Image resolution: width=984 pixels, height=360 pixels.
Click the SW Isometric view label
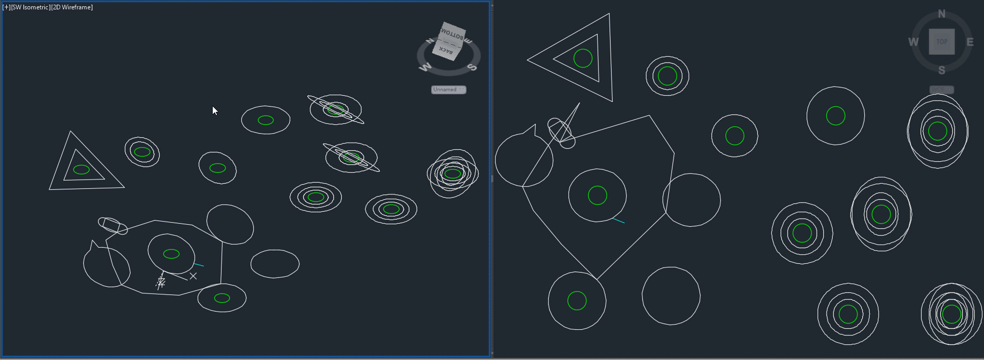(x=30, y=7)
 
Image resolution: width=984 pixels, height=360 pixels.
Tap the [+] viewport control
(x=6, y=7)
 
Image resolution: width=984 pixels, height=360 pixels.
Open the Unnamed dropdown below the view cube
(x=448, y=89)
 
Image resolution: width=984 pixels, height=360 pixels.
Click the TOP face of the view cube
(x=941, y=42)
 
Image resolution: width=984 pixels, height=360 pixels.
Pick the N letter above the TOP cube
(x=941, y=14)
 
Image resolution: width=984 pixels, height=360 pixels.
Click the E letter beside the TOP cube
(x=969, y=42)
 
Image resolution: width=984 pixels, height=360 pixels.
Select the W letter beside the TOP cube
(x=913, y=42)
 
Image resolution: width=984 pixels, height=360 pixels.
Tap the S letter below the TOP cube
(x=941, y=70)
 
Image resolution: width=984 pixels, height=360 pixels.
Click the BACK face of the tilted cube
(x=446, y=50)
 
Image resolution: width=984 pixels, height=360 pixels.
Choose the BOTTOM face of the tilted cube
(x=452, y=34)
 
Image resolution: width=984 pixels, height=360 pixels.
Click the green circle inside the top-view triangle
(x=582, y=58)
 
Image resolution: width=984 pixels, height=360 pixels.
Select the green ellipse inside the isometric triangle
(x=81, y=169)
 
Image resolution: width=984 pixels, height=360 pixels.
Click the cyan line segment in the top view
(x=618, y=221)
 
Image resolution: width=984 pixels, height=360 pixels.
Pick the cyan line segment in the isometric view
(x=199, y=265)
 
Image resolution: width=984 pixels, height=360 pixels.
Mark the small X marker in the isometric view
(x=193, y=276)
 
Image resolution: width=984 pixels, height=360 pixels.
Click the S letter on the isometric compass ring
(x=472, y=67)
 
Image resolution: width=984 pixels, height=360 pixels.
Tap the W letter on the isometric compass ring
(x=425, y=67)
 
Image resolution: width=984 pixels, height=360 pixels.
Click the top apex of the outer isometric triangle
(x=71, y=132)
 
